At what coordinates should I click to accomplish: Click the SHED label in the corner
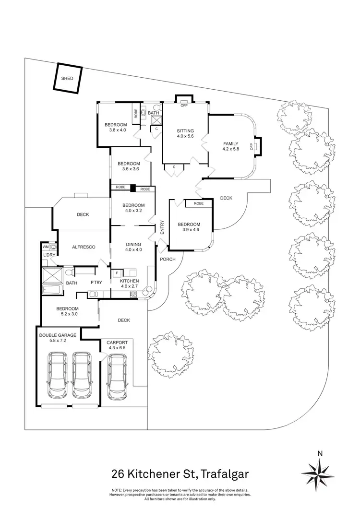[67, 78]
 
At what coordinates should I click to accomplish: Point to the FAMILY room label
[231, 143]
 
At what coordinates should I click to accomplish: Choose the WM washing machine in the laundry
[46, 247]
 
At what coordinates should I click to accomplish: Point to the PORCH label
[167, 259]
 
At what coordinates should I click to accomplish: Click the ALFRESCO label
[84, 247]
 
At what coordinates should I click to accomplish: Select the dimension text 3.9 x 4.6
[189, 230]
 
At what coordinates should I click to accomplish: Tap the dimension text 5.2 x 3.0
[67, 314]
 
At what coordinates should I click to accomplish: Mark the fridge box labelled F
[117, 273]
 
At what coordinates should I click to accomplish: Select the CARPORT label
[117, 343]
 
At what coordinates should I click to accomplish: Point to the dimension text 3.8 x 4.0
[116, 130]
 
